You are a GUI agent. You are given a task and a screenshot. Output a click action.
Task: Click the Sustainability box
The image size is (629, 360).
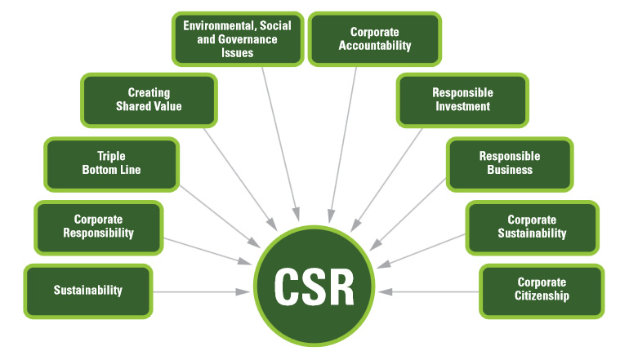click(88, 291)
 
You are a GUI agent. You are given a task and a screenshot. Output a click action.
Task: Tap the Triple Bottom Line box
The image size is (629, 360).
click(111, 163)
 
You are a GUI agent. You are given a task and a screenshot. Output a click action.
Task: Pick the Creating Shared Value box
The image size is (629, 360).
click(149, 100)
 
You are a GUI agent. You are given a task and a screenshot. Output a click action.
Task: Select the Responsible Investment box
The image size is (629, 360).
click(462, 100)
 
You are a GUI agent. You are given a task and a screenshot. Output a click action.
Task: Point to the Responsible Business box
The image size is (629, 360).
click(506, 163)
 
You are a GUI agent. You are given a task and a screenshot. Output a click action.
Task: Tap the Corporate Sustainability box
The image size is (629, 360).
click(532, 226)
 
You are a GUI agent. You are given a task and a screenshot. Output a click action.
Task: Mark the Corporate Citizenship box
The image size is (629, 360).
click(542, 291)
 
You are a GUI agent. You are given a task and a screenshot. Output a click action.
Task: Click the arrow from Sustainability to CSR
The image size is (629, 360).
click(200, 291)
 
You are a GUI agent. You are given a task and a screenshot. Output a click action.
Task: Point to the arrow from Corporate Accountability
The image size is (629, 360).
click(343, 139)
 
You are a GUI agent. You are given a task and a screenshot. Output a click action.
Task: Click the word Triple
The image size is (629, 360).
click(111, 157)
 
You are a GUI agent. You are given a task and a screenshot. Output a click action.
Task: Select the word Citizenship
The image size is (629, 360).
click(542, 296)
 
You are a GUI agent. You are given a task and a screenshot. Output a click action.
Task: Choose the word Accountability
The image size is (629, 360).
click(375, 46)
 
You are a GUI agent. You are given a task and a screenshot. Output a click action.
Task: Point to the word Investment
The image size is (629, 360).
click(462, 106)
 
